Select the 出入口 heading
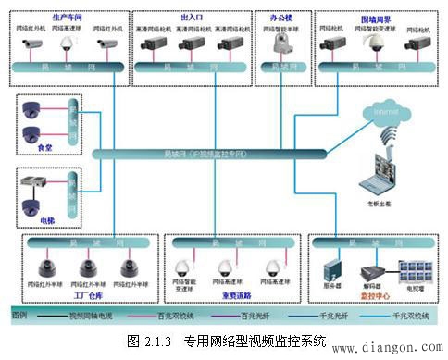(193, 17)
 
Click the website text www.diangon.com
(397, 349)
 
